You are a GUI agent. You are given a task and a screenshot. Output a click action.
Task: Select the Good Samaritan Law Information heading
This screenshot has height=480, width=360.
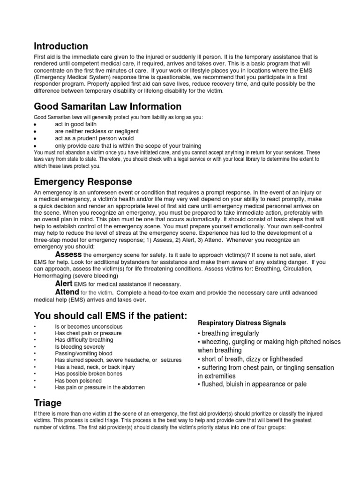(x=107, y=106)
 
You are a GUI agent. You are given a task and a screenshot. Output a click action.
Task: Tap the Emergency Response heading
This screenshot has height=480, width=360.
(x=82, y=181)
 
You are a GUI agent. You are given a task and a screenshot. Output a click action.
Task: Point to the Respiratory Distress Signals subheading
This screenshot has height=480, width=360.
(x=241, y=323)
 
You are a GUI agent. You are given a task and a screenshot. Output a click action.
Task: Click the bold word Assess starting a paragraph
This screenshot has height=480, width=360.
(x=68, y=254)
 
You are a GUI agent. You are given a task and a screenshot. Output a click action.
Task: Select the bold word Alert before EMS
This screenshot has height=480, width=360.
(x=63, y=284)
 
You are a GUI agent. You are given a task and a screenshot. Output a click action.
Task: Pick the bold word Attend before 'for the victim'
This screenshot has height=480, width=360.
(x=67, y=292)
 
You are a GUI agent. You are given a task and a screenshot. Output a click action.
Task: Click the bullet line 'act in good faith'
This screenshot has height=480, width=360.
(x=76, y=124)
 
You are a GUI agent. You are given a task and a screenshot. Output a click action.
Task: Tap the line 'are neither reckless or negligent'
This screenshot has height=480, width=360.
(x=97, y=131)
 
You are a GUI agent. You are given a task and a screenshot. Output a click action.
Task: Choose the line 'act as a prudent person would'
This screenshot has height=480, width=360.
(x=94, y=138)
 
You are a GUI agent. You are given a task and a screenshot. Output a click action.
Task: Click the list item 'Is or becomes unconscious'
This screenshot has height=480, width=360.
(x=89, y=326)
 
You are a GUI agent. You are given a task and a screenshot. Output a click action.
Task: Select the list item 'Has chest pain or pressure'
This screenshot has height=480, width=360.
(x=88, y=333)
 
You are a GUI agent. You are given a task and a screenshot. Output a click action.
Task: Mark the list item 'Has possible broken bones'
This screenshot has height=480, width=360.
(x=88, y=374)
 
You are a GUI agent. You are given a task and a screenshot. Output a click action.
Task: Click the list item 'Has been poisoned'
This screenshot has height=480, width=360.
(x=78, y=381)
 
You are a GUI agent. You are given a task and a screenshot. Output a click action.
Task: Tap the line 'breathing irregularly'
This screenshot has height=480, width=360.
(x=230, y=333)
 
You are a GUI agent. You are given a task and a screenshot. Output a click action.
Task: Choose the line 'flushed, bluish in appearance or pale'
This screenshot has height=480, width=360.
(x=254, y=384)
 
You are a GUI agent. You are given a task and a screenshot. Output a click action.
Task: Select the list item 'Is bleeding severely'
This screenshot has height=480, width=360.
(x=81, y=347)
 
